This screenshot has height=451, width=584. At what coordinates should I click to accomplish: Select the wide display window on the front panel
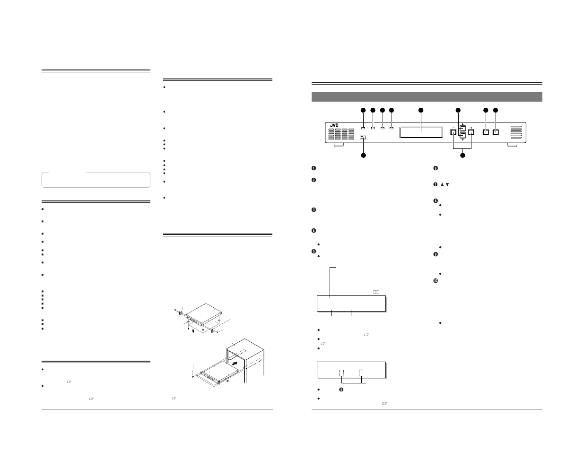coord(421,132)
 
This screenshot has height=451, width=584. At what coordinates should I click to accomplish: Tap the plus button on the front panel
coord(471,133)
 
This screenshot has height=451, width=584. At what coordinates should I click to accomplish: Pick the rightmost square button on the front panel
coord(496,132)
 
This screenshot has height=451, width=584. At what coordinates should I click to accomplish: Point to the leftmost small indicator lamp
coord(363,128)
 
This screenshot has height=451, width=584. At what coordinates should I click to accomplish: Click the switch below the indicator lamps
coord(363,138)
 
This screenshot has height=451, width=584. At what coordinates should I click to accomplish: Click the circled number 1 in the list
coord(314,169)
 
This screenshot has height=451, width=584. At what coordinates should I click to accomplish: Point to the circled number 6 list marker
coord(436,169)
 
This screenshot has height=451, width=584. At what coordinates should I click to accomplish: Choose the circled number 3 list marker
coord(314,210)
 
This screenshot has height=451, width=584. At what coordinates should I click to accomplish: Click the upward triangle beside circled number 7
coord(443,184)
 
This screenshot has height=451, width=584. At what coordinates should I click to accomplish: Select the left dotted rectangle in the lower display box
coord(342,373)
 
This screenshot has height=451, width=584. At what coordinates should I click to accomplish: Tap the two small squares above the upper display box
coord(376,292)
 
